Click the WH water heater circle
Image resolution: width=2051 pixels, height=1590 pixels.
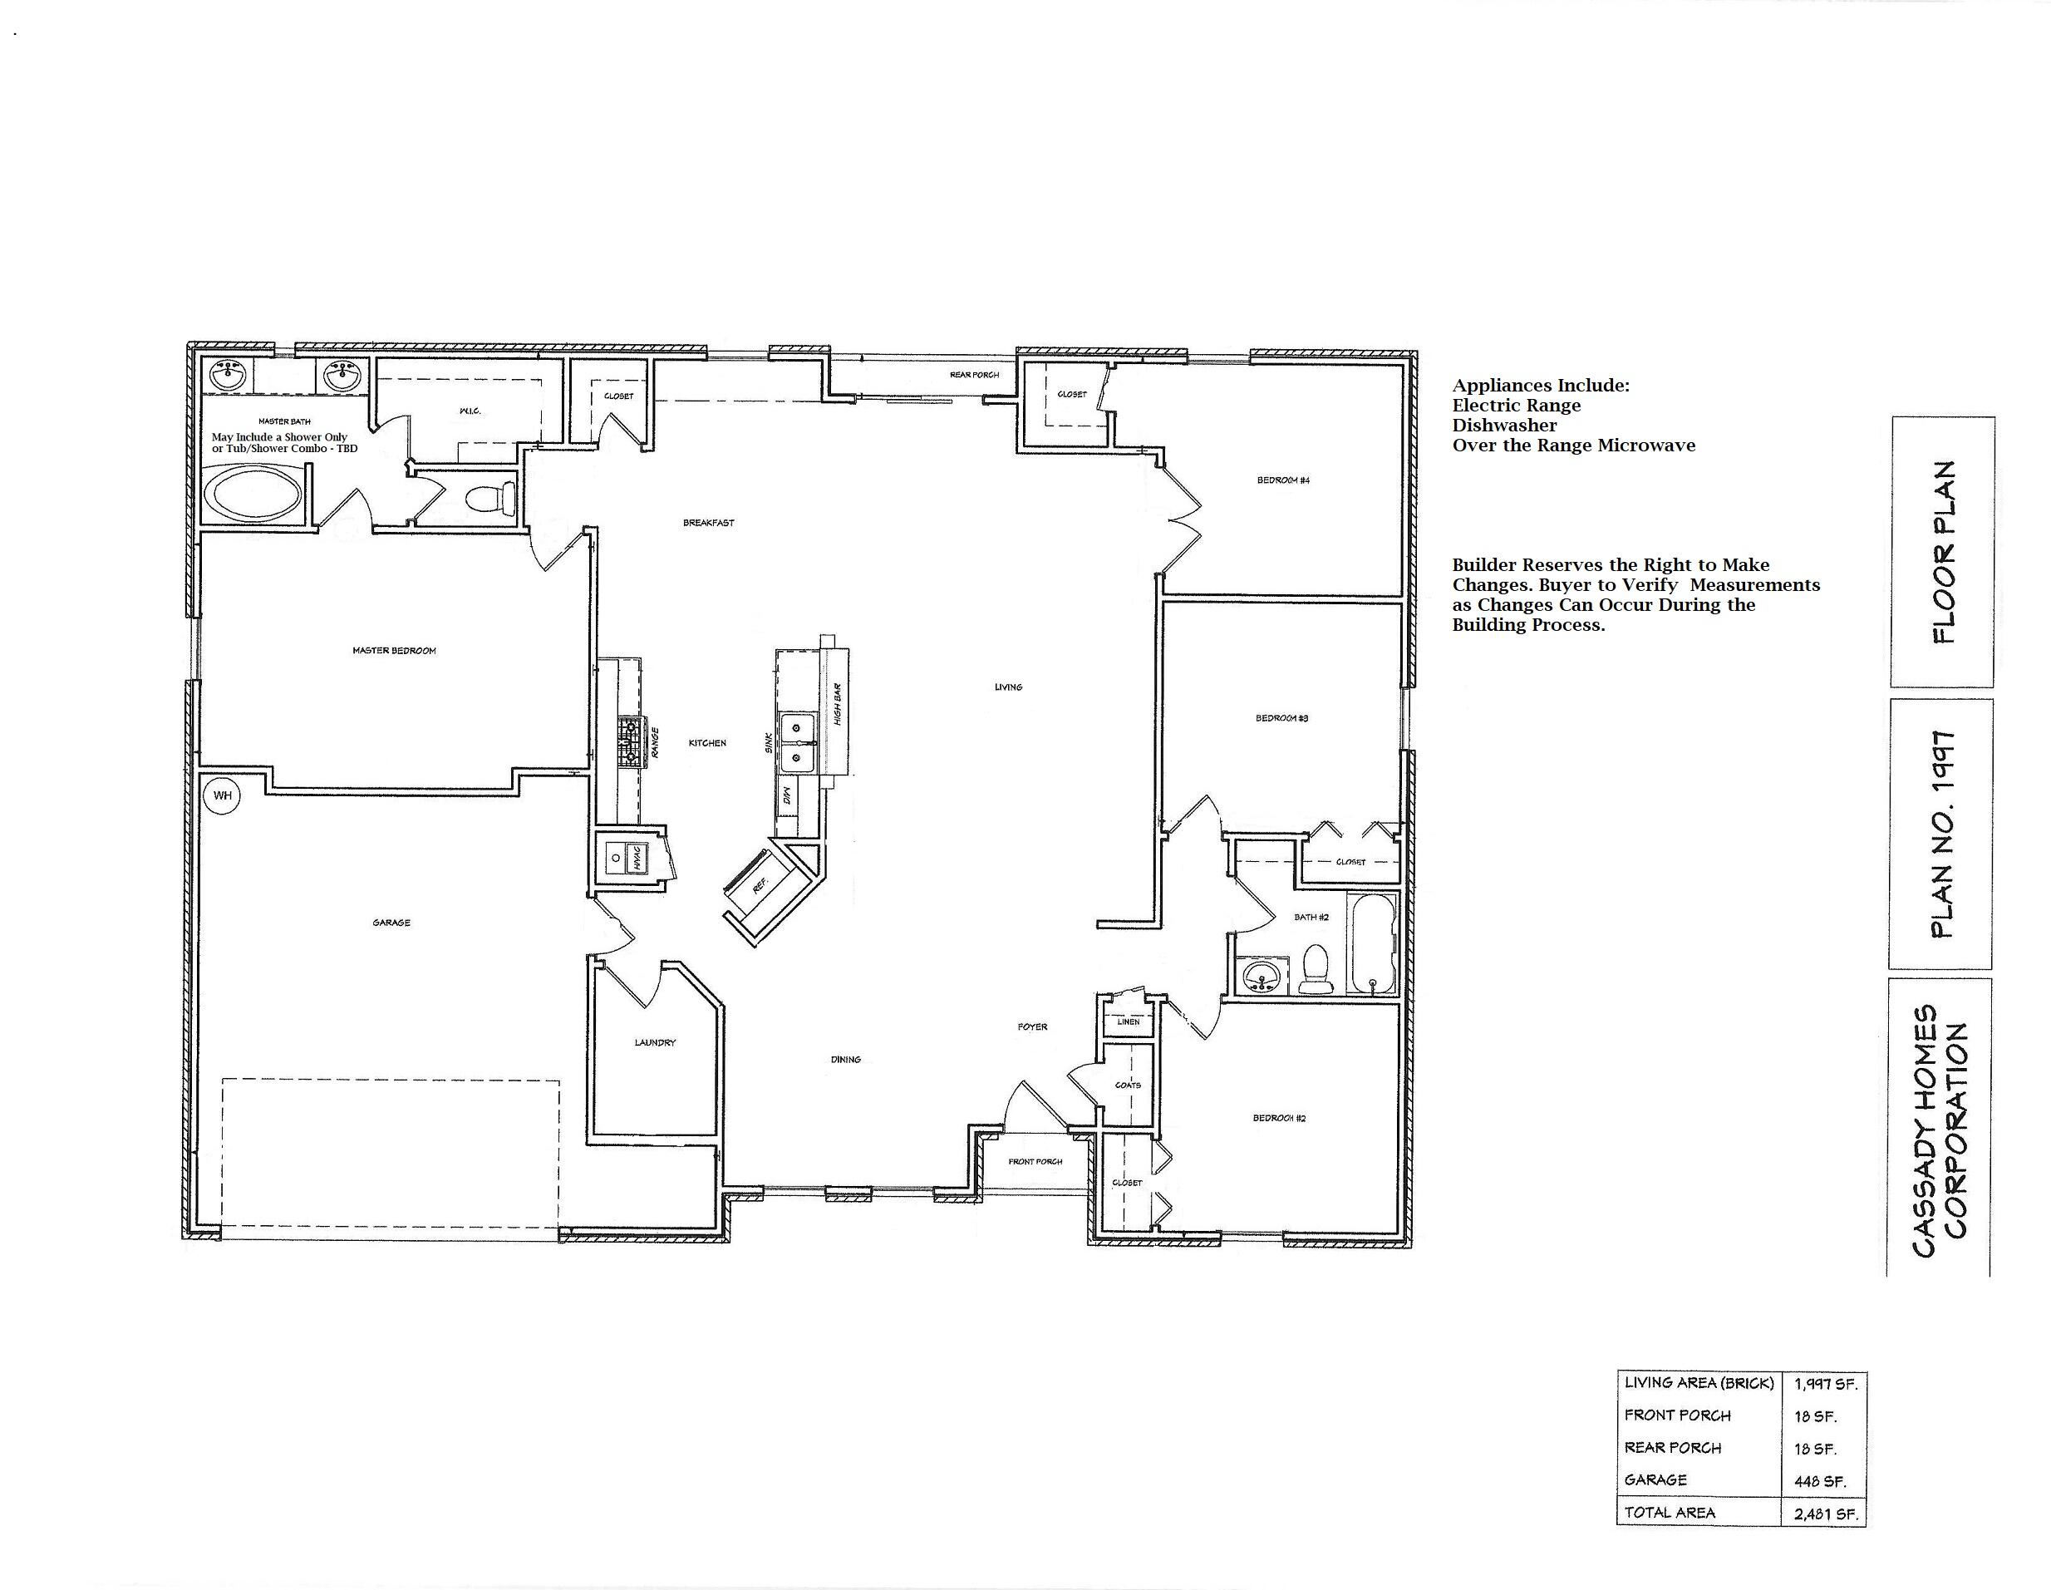[x=222, y=795]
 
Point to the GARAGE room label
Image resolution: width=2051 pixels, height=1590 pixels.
[x=391, y=923]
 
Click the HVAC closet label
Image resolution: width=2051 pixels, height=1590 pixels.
[x=637, y=858]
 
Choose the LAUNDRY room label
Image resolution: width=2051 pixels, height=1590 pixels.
[x=655, y=1042]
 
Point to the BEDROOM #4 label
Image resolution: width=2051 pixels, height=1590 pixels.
[x=1283, y=480]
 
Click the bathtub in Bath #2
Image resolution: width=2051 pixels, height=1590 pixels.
[x=1372, y=944]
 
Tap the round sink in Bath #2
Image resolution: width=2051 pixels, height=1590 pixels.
[x=1258, y=977]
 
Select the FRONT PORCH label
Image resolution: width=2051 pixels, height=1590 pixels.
[x=1035, y=1162]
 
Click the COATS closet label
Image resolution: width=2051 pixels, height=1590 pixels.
[x=1127, y=1085]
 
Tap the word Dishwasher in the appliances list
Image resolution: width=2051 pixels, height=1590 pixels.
[x=1503, y=426]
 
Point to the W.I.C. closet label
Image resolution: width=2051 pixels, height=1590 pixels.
[x=470, y=411]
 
